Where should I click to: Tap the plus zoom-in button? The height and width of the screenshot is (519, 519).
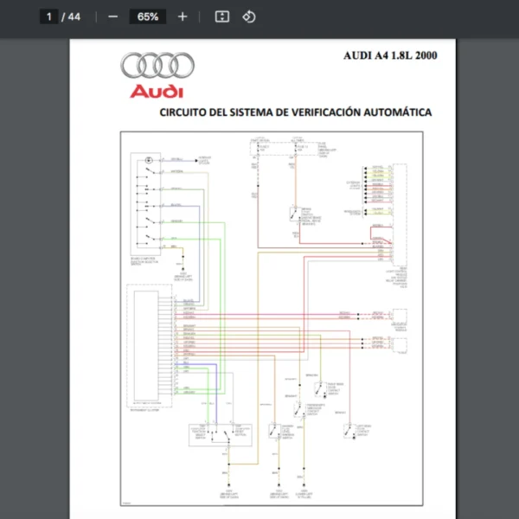click(182, 16)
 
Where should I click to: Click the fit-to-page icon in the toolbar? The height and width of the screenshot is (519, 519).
click(222, 16)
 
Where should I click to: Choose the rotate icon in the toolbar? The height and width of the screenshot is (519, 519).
click(248, 16)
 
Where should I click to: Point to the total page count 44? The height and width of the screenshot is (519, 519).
click(74, 16)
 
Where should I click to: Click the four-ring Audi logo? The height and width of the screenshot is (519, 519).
click(157, 66)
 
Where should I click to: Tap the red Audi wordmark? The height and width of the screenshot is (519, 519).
click(157, 91)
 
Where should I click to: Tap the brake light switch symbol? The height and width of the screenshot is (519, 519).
click(296, 215)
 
